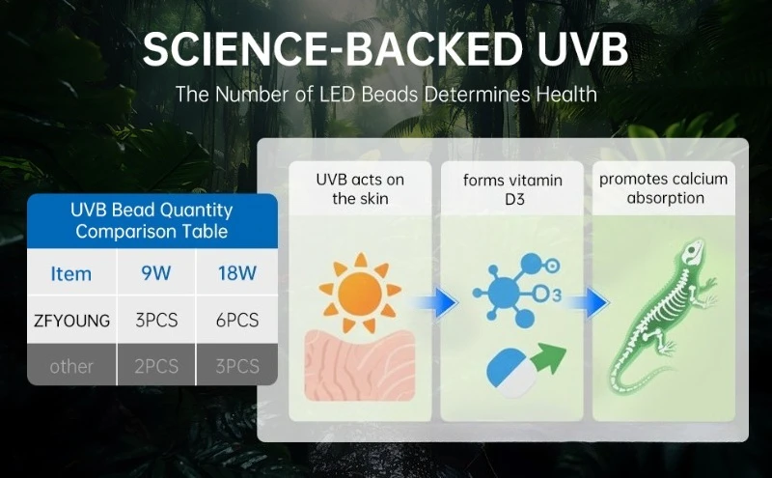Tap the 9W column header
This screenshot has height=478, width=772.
(x=155, y=273)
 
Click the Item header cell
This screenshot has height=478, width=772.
(x=71, y=273)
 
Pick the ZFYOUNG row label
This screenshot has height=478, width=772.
(x=71, y=321)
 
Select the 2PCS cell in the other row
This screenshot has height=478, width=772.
(x=155, y=366)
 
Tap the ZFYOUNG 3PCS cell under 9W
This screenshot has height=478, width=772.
(x=155, y=321)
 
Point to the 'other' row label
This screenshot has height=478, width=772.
(x=71, y=366)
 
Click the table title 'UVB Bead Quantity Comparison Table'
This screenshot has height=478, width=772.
(x=152, y=220)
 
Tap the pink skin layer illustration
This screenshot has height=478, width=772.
(x=359, y=365)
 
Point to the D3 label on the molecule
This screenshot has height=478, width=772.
(x=549, y=292)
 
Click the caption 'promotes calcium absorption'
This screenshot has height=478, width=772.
(x=663, y=188)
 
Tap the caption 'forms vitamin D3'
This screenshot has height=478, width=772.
(x=510, y=188)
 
